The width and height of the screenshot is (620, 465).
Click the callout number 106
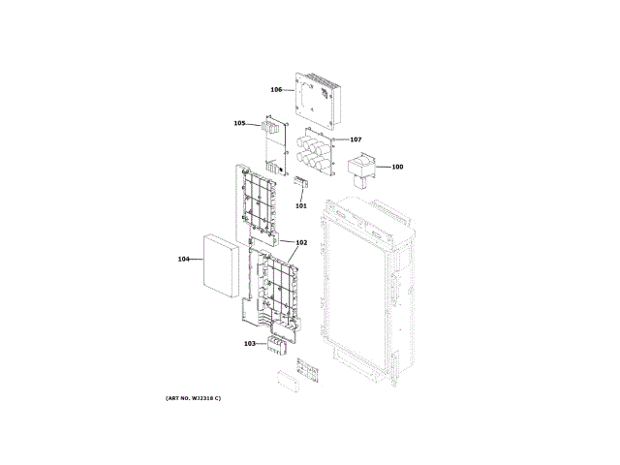coord(276,90)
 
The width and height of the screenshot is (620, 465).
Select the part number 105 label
coord(239,123)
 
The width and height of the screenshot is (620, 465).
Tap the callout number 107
coord(356,139)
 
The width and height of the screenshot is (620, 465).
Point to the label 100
coord(397,167)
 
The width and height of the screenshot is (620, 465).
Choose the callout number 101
coord(300,205)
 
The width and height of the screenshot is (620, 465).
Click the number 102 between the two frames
coord(301,242)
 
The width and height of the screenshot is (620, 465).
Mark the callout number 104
coord(183,259)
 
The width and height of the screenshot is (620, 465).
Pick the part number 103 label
coord(249,343)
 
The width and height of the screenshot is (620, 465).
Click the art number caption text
coord(193,399)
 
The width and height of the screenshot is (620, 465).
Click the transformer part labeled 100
coord(359,168)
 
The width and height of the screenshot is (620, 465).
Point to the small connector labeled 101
coord(300,183)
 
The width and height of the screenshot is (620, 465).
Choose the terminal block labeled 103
coord(279,344)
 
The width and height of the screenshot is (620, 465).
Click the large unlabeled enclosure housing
coord(368,281)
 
